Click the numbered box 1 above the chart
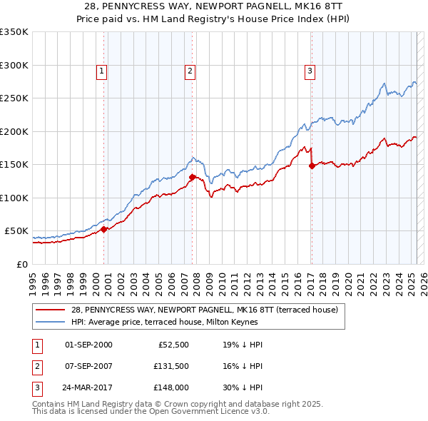[x=102, y=71]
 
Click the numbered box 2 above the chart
[x=190, y=71]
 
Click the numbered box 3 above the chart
[x=310, y=71]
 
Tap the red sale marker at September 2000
[x=104, y=229]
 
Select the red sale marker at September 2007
[x=193, y=176]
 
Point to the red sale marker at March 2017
[x=312, y=166]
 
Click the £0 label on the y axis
[x=21, y=264]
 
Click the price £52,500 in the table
[x=171, y=345]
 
